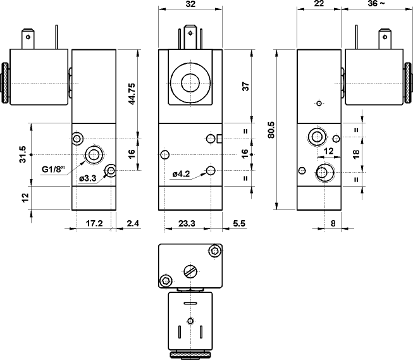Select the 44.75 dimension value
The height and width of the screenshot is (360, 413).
click(133, 94)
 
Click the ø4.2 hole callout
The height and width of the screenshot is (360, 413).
click(182, 174)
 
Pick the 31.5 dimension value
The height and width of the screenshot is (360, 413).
click(23, 154)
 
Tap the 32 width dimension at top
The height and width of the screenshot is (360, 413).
click(190, 4)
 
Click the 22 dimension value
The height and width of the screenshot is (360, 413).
click(318, 4)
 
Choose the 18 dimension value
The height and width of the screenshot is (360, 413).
click(355, 153)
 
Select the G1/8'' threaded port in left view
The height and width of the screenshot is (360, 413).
click(95, 154)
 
